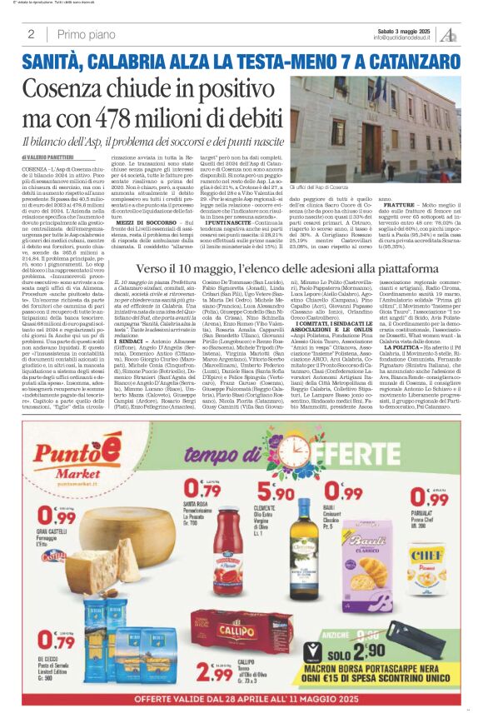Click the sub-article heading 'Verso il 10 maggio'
[x=190, y=269]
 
